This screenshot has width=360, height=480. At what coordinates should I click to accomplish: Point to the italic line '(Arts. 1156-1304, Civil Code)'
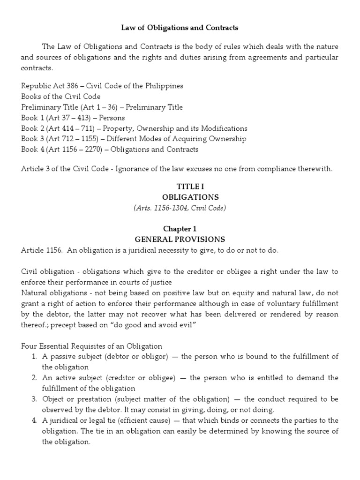180,208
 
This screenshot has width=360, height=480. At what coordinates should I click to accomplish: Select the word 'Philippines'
165,86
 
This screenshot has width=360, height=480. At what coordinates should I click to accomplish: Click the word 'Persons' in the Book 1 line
112,118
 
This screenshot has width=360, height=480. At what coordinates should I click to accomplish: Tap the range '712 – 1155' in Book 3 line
71,139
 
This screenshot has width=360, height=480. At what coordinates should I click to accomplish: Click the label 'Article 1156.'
41,250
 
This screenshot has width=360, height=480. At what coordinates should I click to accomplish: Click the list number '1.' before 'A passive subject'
35,357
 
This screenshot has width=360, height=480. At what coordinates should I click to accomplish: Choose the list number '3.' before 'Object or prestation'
35,399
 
